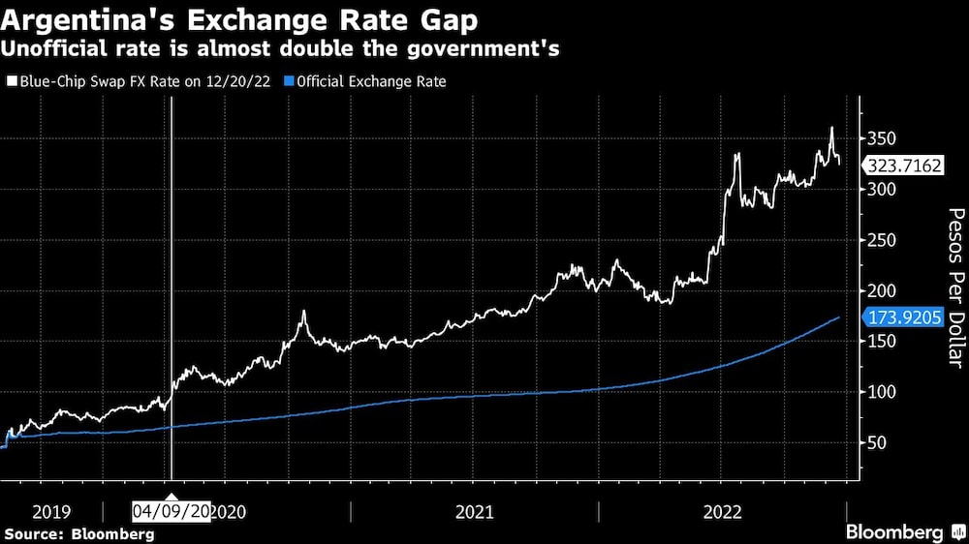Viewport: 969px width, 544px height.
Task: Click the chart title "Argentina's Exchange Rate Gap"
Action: (240, 19)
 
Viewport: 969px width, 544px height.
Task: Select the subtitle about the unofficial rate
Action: (282, 49)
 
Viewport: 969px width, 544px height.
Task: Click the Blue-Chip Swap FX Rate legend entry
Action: (141, 82)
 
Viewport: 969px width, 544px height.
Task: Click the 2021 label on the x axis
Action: (474, 511)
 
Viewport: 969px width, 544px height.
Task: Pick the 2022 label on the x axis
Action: (722, 511)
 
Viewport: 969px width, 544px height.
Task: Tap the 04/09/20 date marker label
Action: (172, 511)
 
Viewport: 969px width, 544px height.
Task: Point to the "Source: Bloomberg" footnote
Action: (79, 533)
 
